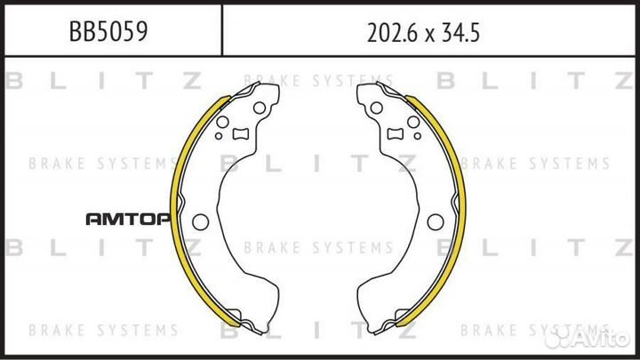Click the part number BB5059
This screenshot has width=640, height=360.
pyautogui.click(x=108, y=31)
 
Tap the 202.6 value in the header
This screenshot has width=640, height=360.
pyautogui.click(x=390, y=33)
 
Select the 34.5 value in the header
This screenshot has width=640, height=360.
pyautogui.click(x=461, y=33)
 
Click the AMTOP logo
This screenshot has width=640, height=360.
pyautogui.click(x=128, y=220)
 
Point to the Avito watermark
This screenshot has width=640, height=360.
pyautogui.click(x=588, y=337)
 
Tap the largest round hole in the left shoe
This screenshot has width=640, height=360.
pyautogui.click(x=200, y=222)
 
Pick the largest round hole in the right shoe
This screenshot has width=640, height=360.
pyautogui.click(x=436, y=222)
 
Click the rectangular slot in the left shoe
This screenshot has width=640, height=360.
pyautogui.click(x=240, y=133)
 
